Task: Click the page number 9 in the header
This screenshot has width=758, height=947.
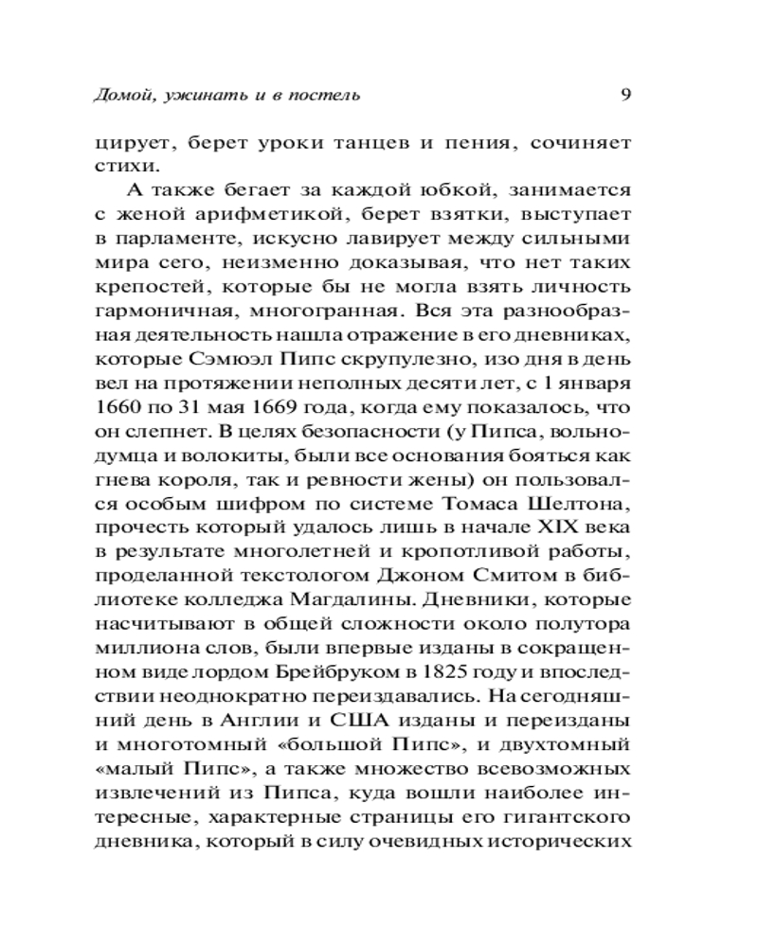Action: point(624,95)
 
